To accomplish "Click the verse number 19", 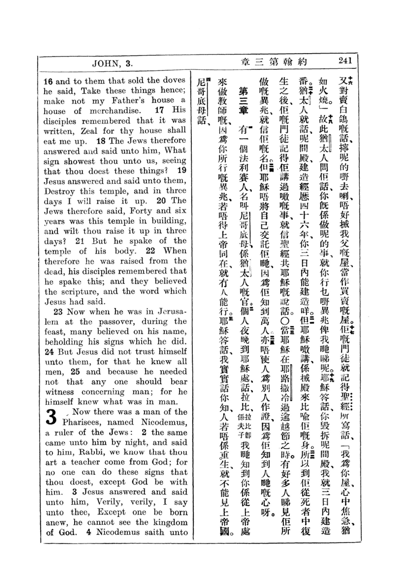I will point(181,171).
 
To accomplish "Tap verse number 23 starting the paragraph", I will point(58,312).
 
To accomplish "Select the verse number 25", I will point(75,372).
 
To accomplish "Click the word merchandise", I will point(114,111).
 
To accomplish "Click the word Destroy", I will point(59,192).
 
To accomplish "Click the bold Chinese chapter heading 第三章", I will point(243,100).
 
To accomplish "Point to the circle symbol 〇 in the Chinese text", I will point(286,321).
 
